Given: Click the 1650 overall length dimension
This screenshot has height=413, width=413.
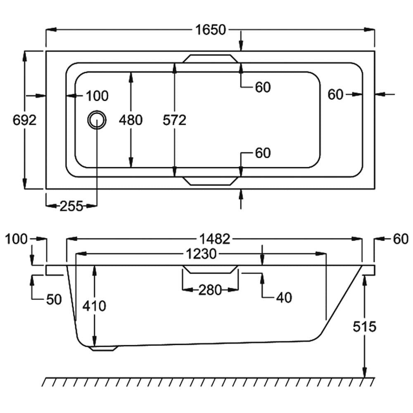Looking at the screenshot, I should (x=211, y=30).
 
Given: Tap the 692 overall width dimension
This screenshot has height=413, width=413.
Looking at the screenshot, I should (x=25, y=120).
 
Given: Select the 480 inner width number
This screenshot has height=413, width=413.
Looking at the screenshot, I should (x=131, y=120).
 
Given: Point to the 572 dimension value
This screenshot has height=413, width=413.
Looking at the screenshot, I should (x=175, y=120).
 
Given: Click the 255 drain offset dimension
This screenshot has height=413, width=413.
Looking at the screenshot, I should (x=71, y=205).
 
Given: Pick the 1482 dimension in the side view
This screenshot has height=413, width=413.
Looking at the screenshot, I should (x=214, y=239).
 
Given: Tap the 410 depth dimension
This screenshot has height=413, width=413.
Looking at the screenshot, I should (x=94, y=306).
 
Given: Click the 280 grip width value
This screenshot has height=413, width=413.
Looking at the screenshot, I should (x=210, y=290).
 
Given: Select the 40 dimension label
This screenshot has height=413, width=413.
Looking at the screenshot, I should (x=283, y=297).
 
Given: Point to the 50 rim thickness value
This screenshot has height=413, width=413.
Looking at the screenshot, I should (x=54, y=299).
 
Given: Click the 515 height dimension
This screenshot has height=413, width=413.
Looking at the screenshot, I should (x=365, y=327).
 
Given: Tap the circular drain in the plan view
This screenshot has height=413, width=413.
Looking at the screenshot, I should (x=97, y=120).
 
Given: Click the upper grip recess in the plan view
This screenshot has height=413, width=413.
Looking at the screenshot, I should (x=211, y=59).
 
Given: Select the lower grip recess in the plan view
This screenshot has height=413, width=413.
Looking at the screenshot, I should (x=211, y=181).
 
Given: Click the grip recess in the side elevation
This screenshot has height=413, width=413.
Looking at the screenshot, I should (x=211, y=270).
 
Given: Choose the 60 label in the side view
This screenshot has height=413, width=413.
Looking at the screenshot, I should (x=400, y=239).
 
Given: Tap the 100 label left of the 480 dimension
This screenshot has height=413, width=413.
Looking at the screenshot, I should (x=97, y=96).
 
